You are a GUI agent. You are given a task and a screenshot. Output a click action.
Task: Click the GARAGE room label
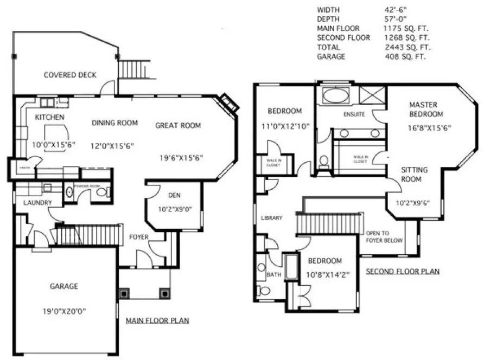click(65, 286)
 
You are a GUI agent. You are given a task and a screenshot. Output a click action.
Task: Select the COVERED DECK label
click(70, 75)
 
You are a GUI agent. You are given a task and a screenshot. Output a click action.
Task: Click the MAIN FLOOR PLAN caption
click(157, 320)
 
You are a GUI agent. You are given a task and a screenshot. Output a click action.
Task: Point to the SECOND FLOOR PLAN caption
click(403, 271)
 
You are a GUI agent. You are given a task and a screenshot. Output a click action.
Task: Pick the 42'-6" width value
click(396, 10)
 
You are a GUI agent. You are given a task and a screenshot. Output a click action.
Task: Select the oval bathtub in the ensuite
click(337, 97)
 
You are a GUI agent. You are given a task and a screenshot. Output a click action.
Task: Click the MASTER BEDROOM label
click(426, 109)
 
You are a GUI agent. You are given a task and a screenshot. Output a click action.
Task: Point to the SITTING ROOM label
click(415, 173)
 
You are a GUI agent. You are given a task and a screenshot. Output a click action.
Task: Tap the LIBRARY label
click(271, 218)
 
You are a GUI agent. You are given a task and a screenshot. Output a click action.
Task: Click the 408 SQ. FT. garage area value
click(404, 56)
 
